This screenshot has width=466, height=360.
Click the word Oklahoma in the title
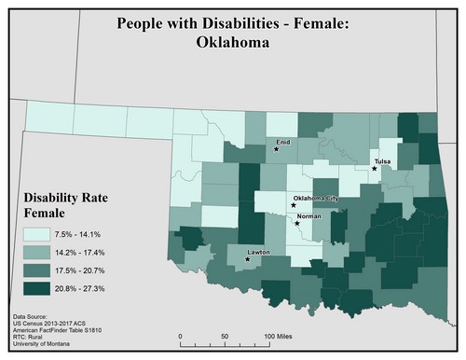click(x=232, y=42)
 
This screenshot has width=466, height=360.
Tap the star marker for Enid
click(x=276, y=148)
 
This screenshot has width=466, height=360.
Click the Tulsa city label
click(x=382, y=161)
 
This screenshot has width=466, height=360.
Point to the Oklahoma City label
click(x=316, y=200)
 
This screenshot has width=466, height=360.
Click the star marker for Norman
click(x=296, y=223)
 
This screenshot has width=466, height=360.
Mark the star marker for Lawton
click(x=247, y=257)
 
